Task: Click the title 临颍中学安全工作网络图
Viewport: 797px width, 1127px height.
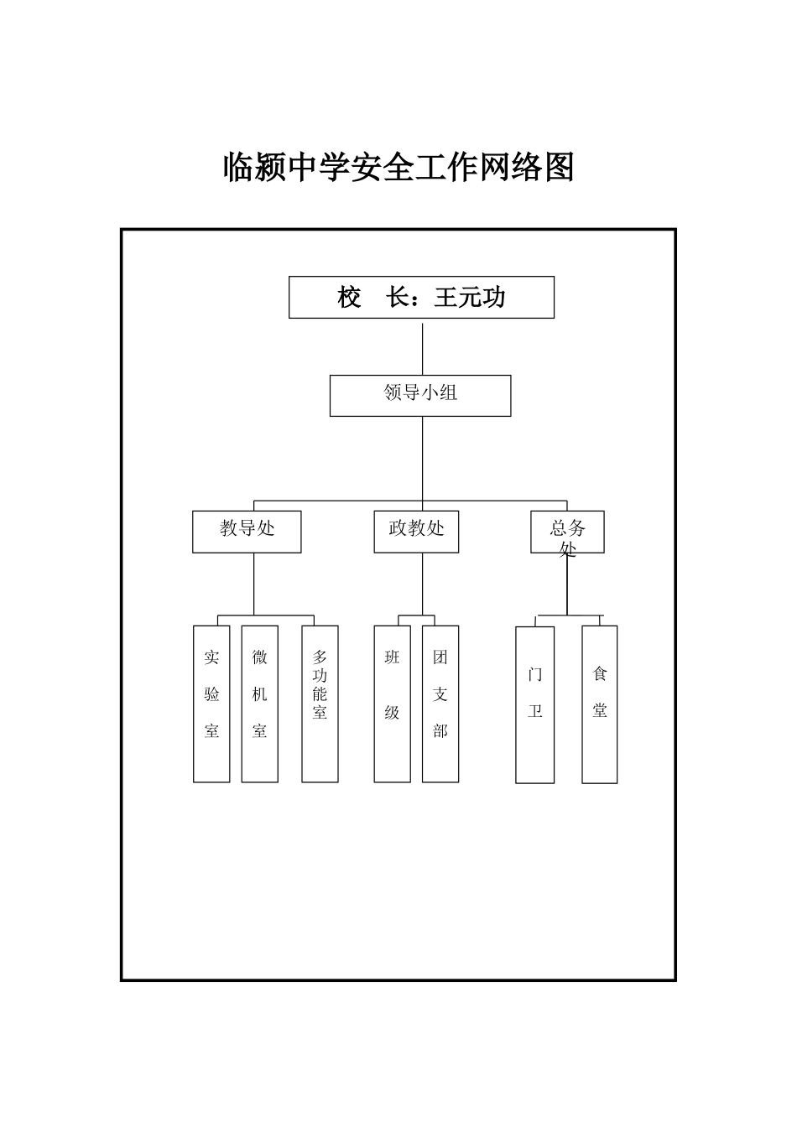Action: [x=398, y=168]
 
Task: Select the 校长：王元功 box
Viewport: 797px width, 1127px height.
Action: [x=421, y=298]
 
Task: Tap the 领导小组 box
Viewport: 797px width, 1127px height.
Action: [x=419, y=396]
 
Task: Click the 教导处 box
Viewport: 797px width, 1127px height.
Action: [x=247, y=532]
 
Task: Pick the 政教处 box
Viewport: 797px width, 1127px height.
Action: [x=416, y=532]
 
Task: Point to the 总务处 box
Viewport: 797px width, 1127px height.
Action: [x=567, y=532]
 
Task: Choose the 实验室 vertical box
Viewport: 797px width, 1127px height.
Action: [x=211, y=704]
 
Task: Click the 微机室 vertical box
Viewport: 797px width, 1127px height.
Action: [x=260, y=704]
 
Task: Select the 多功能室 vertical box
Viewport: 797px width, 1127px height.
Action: [x=320, y=704]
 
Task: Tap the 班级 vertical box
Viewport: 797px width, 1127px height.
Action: [x=392, y=704]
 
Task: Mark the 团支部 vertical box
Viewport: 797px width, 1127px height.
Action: [x=440, y=704]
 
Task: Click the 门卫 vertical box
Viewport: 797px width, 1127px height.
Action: [x=535, y=704]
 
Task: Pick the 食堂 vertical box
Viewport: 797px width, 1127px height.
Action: [x=600, y=704]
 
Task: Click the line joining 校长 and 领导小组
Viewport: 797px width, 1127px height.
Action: [x=422, y=347]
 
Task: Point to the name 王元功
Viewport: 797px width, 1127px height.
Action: [x=470, y=298]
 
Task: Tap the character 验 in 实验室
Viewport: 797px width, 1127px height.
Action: [x=211, y=694]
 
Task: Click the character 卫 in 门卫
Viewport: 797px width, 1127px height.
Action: [x=535, y=711]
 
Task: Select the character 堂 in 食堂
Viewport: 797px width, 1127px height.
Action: [x=600, y=710]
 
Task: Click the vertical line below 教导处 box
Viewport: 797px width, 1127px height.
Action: [x=253, y=584]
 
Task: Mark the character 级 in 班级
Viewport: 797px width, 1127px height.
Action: [x=392, y=713]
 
